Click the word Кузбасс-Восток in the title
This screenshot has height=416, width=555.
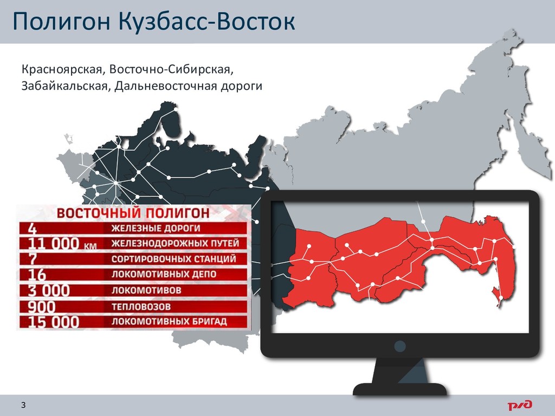(x=206, y=21)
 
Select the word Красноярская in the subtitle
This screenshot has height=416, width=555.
(x=62, y=70)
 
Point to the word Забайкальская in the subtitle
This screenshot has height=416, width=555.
(x=64, y=86)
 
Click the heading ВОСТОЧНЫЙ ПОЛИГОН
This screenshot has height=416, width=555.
(x=133, y=213)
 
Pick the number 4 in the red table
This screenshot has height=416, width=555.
(x=32, y=229)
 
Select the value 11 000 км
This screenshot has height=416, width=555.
(x=62, y=244)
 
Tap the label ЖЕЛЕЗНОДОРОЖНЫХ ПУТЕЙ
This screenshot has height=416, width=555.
(x=176, y=243)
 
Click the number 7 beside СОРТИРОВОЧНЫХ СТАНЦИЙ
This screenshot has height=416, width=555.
(x=32, y=259)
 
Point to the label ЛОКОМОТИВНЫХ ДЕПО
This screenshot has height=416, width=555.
(x=164, y=275)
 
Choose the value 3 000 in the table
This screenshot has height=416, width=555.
(x=49, y=290)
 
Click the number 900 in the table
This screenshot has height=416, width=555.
(x=42, y=307)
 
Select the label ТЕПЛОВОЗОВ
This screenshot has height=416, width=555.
(x=141, y=307)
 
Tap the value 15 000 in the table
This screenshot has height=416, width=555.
(x=54, y=322)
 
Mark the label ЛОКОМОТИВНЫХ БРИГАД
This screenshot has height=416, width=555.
(x=169, y=322)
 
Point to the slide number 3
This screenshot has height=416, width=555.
(x=23, y=405)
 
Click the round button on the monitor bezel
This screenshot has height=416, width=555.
(x=399, y=346)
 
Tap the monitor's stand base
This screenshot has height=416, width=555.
(x=400, y=388)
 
